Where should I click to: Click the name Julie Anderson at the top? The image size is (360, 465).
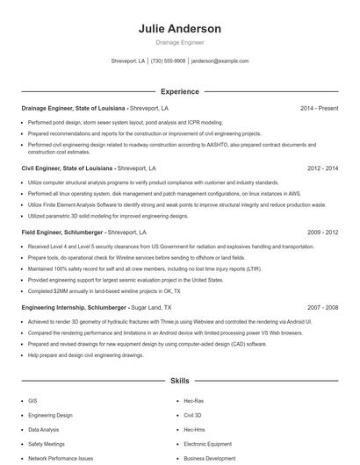[179, 29]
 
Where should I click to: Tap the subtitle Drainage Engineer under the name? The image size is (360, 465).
[179, 42]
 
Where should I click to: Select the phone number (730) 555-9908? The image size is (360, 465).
[168, 61]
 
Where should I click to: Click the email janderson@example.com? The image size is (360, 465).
[220, 61]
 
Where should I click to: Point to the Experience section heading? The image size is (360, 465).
[179, 91]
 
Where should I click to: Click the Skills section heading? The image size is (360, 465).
[179, 382]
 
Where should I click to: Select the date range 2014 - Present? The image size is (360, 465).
[319, 108]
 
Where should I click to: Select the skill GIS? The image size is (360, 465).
[32, 400]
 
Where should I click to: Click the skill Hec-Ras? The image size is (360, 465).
[193, 400]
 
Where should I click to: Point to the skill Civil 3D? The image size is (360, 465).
[193, 415]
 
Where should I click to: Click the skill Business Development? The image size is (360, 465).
[210, 458]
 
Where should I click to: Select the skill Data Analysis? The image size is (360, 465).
[43, 430]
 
